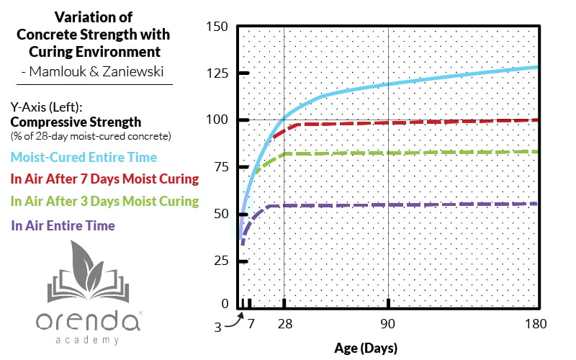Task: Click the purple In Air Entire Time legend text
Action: pyautogui.click(x=63, y=225)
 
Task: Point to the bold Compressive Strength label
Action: pyautogui.click(x=76, y=122)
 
